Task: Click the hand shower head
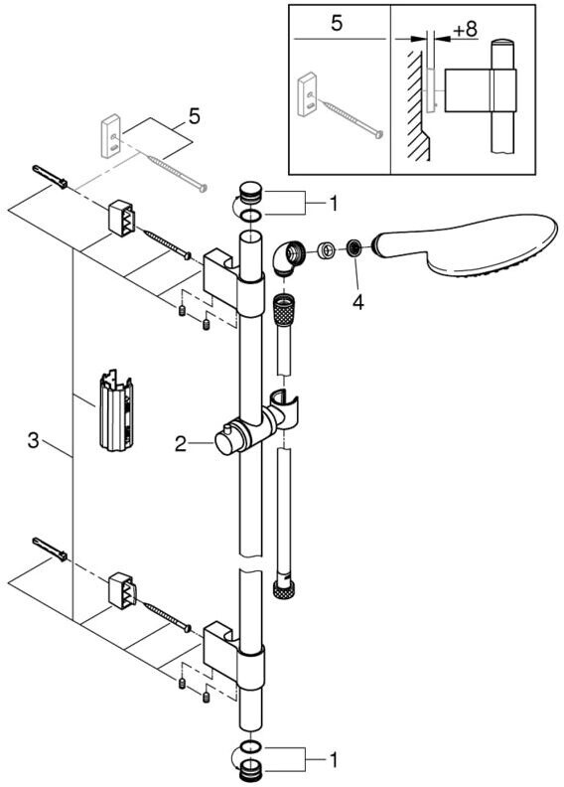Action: [467, 246]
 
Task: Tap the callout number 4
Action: [357, 302]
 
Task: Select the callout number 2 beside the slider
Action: [181, 443]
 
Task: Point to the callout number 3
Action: [33, 440]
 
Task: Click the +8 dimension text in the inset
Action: [465, 29]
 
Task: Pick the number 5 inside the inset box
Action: [337, 23]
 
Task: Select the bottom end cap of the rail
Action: [249, 769]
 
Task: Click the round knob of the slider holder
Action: [225, 441]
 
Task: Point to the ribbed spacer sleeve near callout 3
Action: [116, 409]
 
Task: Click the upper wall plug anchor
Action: [50, 177]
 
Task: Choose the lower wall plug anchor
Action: [50, 550]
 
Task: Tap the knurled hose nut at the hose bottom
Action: [283, 588]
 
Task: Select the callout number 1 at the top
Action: [333, 204]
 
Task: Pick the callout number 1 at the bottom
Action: [333, 759]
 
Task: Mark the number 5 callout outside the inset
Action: [194, 116]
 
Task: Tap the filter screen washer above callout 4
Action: [353, 248]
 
